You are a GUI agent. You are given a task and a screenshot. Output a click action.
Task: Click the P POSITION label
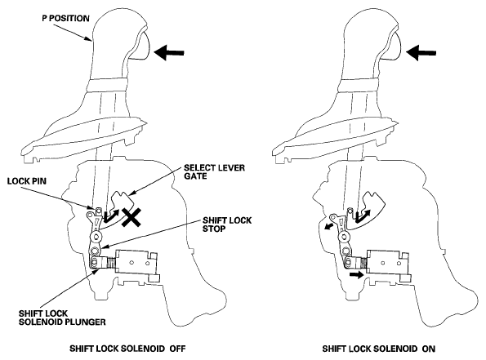(x=65, y=18)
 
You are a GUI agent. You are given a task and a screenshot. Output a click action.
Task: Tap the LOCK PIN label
(x=27, y=181)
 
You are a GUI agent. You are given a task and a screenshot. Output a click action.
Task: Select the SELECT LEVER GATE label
(x=214, y=171)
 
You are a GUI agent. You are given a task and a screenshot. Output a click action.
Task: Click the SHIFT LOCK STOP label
(x=227, y=224)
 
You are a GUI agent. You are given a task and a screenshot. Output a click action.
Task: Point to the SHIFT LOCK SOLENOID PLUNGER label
(x=62, y=318)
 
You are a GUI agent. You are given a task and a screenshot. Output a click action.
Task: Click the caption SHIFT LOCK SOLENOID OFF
(x=127, y=349)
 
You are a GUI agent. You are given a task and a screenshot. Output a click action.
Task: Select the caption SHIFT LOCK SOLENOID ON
(x=378, y=349)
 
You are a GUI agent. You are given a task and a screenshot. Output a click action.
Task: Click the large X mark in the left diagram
(x=132, y=217)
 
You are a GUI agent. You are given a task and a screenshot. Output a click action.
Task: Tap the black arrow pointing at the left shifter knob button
(x=169, y=52)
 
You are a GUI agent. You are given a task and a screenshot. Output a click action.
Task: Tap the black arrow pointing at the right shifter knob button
(x=421, y=52)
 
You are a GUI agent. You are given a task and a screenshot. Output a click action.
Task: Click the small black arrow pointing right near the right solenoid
(x=357, y=274)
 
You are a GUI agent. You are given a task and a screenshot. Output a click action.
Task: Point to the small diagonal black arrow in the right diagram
(x=329, y=225)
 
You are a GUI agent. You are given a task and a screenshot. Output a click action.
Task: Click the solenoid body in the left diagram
(x=136, y=264)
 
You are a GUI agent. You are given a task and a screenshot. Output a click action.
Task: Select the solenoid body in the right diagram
(x=387, y=263)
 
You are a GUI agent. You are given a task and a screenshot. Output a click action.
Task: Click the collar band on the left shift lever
(x=106, y=85)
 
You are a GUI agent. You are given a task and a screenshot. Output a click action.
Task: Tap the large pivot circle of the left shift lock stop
(x=96, y=238)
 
